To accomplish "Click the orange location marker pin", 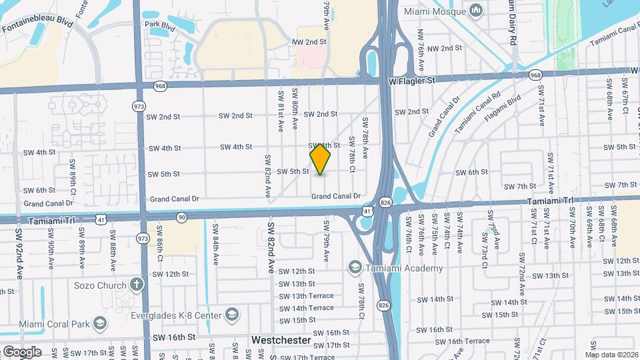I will point(321,159).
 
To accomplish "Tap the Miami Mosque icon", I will point(476,11).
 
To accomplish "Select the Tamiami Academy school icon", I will point(355,268).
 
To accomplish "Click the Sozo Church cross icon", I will point(137,285).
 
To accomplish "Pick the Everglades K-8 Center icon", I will point(232,314).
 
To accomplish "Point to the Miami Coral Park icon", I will point(99,325).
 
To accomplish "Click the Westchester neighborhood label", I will point(281,340).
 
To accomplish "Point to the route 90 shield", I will point(181,217).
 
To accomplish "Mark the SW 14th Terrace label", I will point(306,308).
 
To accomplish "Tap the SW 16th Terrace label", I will point(469,341).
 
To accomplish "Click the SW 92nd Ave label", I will point(19,247).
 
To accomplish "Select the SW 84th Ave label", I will point(216,241).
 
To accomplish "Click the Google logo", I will point(22,351).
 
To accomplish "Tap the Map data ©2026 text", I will point(611,354).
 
